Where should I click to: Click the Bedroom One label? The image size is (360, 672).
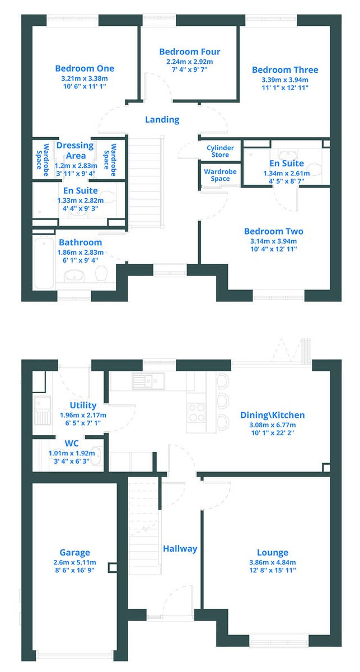(x=85, y=68)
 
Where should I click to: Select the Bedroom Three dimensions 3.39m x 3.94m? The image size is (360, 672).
(x=285, y=80)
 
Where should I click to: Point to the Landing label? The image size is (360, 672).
(x=162, y=119)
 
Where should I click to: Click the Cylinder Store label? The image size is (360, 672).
(x=220, y=151)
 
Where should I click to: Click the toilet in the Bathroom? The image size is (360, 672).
(x=101, y=274)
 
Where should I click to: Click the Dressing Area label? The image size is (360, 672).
(x=76, y=151)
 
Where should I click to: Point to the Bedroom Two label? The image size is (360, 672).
(x=273, y=231)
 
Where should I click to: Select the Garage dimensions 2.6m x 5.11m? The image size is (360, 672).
(x=74, y=562)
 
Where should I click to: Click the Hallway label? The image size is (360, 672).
(x=180, y=548)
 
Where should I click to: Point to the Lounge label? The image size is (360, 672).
(x=273, y=552)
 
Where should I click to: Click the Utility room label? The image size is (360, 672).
(x=83, y=405)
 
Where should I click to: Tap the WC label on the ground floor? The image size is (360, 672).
(x=72, y=443)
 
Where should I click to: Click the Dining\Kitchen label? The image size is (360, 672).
(x=273, y=415)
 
